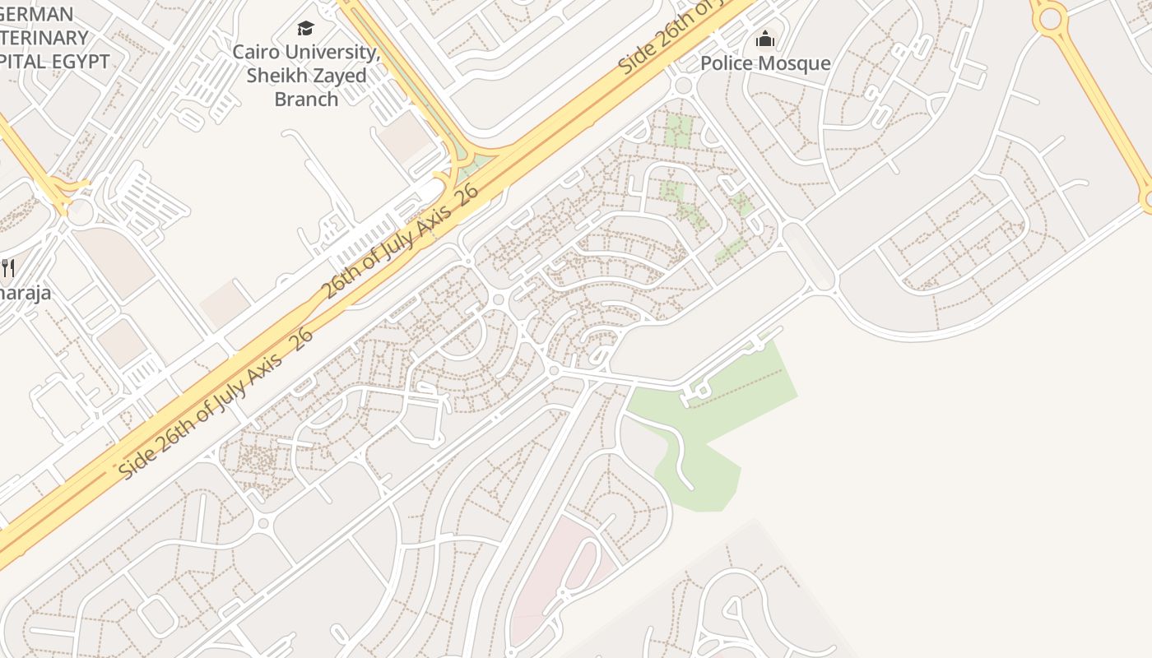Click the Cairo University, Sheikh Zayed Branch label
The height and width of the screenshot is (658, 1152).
coord(306,76)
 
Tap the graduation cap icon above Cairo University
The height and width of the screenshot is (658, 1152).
coord(306,29)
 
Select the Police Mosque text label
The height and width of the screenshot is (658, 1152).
coord(765,63)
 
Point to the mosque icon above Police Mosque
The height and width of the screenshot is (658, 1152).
coord(765,39)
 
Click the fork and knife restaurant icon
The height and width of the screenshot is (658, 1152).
coord(8,267)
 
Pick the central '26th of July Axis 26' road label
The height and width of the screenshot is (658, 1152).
coord(399,242)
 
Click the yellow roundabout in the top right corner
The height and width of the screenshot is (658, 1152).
coord(1050,17)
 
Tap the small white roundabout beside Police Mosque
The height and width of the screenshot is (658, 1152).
coord(682,85)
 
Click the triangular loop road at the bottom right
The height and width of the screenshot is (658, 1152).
coord(732,609)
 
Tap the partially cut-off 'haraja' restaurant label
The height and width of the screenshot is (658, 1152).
coord(25,293)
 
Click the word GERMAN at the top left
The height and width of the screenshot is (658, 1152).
coord(37,14)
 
